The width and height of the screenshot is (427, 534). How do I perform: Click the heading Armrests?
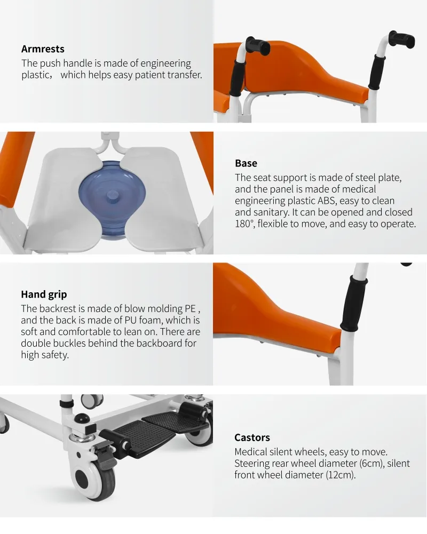tap(43, 49)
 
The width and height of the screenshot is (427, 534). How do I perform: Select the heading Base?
tap(246, 163)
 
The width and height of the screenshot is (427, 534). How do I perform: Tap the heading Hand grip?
tap(44, 294)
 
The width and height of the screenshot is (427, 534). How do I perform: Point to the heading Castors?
tap(252, 437)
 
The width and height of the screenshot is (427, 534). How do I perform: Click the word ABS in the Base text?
tap(326, 201)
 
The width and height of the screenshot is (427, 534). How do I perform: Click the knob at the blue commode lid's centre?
tap(112, 195)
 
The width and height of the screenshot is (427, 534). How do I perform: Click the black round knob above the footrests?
tap(82, 418)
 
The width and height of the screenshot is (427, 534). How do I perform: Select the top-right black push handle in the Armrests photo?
tap(402, 39)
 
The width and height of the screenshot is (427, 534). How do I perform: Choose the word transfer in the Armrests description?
tap(185, 75)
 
